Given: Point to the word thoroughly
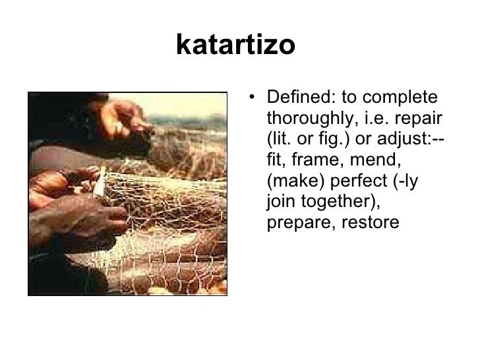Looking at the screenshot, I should pos(310,121).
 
